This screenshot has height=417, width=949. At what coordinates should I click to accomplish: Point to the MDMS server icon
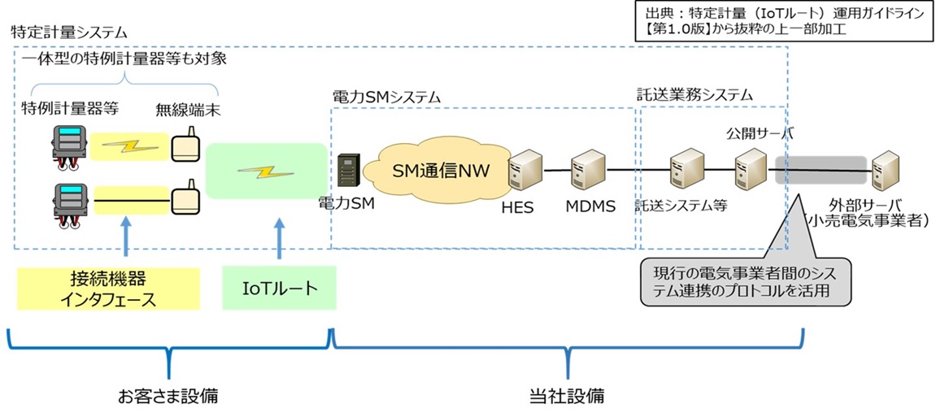point(588,172)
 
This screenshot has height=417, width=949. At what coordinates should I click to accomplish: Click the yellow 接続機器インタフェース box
point(107,289)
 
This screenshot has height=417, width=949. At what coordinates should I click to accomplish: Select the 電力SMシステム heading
point(385,98)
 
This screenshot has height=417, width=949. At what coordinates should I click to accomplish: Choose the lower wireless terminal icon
point(185,198)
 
